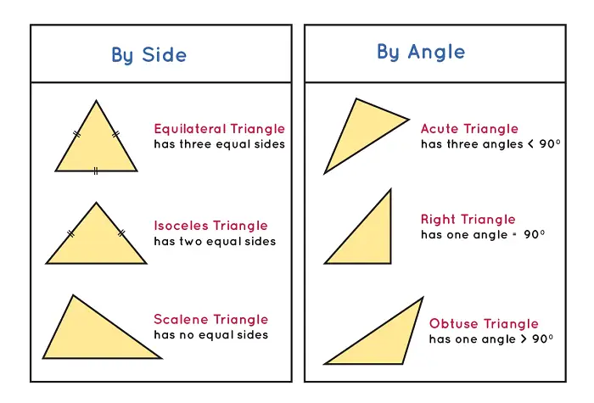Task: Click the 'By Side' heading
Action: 148,55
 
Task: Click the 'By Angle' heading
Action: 421,52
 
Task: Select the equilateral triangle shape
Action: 96,144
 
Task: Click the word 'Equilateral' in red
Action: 190,129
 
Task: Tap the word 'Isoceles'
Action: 181,226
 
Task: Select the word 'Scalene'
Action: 181,319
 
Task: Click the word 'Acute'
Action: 440,129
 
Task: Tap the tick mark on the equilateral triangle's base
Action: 95,171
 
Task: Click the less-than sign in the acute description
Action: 531,144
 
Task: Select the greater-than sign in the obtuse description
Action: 524,339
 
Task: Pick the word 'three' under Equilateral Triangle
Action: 195,144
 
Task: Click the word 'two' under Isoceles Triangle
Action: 191,242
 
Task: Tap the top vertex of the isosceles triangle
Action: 96,203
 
